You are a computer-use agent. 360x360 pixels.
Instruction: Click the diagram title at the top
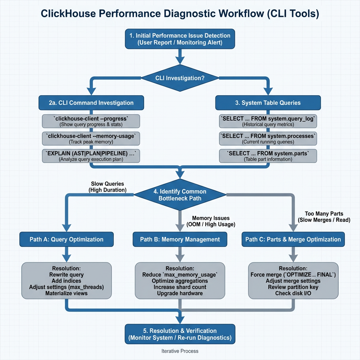click(180, 14)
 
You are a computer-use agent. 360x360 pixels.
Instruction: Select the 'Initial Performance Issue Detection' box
click(180, 39)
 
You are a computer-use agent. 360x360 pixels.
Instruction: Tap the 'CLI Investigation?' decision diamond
click(180, 78)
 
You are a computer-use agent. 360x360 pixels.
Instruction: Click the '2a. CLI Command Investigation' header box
click(91, 103)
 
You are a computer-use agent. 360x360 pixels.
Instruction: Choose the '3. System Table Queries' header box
click(268, 103)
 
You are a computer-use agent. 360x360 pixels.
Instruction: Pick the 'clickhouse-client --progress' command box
click(91, 121)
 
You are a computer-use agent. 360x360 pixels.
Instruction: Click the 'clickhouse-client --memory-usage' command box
click(91, 139)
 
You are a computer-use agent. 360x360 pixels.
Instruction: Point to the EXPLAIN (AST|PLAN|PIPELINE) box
click(91, 156)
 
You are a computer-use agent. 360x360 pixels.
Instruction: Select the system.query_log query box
click(268, 121)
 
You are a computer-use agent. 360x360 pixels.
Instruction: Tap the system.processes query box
click(268, 139)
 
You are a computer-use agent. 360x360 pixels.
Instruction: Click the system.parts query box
click(268, 156)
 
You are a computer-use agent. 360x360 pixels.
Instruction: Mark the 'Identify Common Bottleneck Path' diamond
click(180, 194)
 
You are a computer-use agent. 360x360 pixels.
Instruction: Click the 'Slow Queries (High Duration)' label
click(108, 187)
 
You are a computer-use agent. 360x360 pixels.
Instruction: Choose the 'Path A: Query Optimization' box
click(66, 239)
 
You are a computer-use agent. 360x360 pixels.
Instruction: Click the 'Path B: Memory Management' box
click(180, 239)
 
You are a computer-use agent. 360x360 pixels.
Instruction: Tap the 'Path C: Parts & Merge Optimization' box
click(293, 239)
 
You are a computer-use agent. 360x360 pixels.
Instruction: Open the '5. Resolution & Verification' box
click(180, 334)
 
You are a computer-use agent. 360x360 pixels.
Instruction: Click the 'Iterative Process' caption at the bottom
click(180, 351)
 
